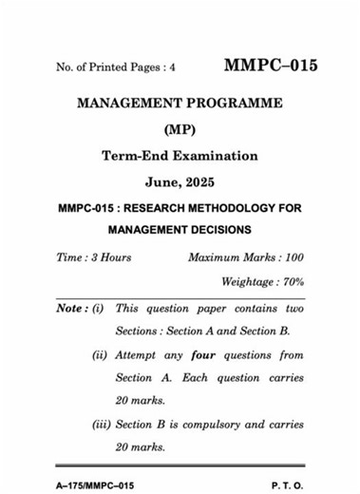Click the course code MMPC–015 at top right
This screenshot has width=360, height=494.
pyautogui.click(x=270, y=66)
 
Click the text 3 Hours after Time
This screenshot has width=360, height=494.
pyautogui.click(x=110, y=257)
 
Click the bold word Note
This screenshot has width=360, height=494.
pyautogui.click(x=70, y=309)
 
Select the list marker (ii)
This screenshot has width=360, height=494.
pyautogui.click(x=99, y=355)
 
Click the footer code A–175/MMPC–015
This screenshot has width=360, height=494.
pyautogui.click(x=94, y=485)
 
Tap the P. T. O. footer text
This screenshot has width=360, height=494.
pyautogui.click(x=288, y=485)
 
